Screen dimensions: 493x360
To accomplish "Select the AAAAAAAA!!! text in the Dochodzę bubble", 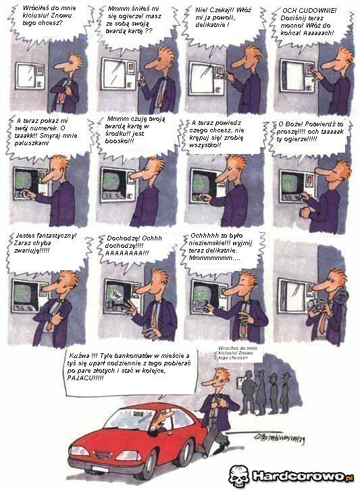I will (x=129, y=253).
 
